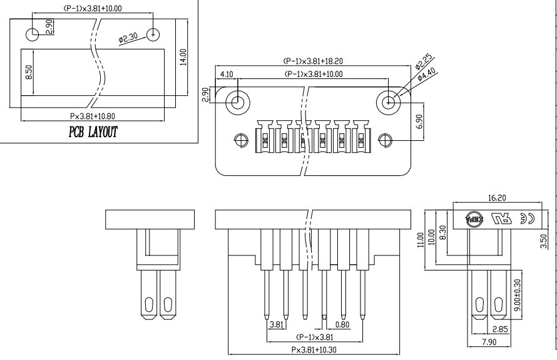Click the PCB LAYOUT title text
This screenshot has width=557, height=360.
point(93,132)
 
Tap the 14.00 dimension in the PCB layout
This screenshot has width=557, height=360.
point(183,57)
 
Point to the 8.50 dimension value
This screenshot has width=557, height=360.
point(29,72)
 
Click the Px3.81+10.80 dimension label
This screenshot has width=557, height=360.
point(93,116)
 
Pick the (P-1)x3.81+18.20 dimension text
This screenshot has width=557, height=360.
point(313,61)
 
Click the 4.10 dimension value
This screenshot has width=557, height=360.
point(227,75)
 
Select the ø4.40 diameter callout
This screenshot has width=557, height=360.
point(426,75)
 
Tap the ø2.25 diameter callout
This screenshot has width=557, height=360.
point(424,61)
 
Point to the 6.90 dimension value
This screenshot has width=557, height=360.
point(419,121)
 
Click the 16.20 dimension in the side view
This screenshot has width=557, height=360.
point(497,198)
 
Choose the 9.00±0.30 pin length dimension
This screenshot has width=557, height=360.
point(517,295)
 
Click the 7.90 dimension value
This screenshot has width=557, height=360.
point(489,342)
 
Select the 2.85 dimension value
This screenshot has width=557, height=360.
point(500,329)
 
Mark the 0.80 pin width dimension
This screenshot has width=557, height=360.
point(342,324)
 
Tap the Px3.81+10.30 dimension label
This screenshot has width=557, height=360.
point(314,350)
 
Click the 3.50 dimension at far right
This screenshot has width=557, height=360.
point(543,241)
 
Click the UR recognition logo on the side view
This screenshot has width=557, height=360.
point(501,219)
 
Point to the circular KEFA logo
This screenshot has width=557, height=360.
point(474,219)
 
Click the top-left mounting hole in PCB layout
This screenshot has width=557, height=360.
point(33,34)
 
